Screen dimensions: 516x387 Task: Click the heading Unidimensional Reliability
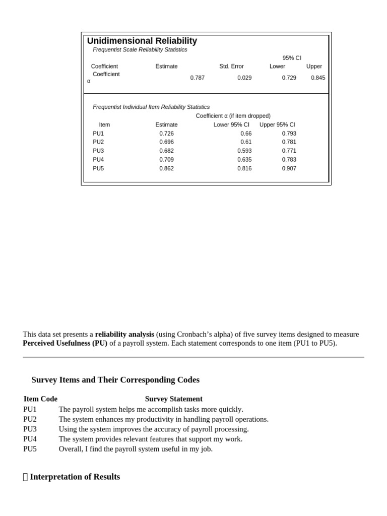click(x=142, y=41)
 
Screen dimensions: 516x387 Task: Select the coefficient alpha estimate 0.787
click(x=197, y=78)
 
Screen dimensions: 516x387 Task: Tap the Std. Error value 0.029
click(x=244, y=78)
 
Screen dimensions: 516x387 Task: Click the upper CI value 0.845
click(x=318, y=78)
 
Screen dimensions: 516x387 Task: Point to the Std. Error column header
click(x=231, y=66)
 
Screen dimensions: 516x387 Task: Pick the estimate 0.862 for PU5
click(x=166, y=168)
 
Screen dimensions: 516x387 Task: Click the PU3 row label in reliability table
click(x=98, y=151)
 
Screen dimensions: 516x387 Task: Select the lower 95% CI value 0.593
click(x=244, y=151)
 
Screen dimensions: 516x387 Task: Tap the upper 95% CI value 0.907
click(x=289, y=168)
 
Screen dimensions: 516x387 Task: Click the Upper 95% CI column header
click(x=277, y=124)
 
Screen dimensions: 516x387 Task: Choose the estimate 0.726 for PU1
click(x=166, y=134)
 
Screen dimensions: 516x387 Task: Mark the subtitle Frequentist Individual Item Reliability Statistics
click(x=151, y=107)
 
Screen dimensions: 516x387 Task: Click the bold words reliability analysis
click(x=124, y=334)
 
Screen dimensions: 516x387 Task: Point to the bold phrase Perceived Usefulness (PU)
click(x=65, y=343)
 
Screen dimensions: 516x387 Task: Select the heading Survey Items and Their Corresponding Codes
click(x=115, y=380)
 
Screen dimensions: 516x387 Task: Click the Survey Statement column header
click(x=173, y=399)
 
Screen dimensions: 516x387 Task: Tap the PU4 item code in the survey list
click(x=30, y=439)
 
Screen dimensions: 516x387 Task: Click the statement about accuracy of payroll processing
click(x=154, y=429)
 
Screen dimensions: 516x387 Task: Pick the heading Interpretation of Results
click(x=75, y=477)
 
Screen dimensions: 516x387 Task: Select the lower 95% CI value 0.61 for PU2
click(x=246, y=142)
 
